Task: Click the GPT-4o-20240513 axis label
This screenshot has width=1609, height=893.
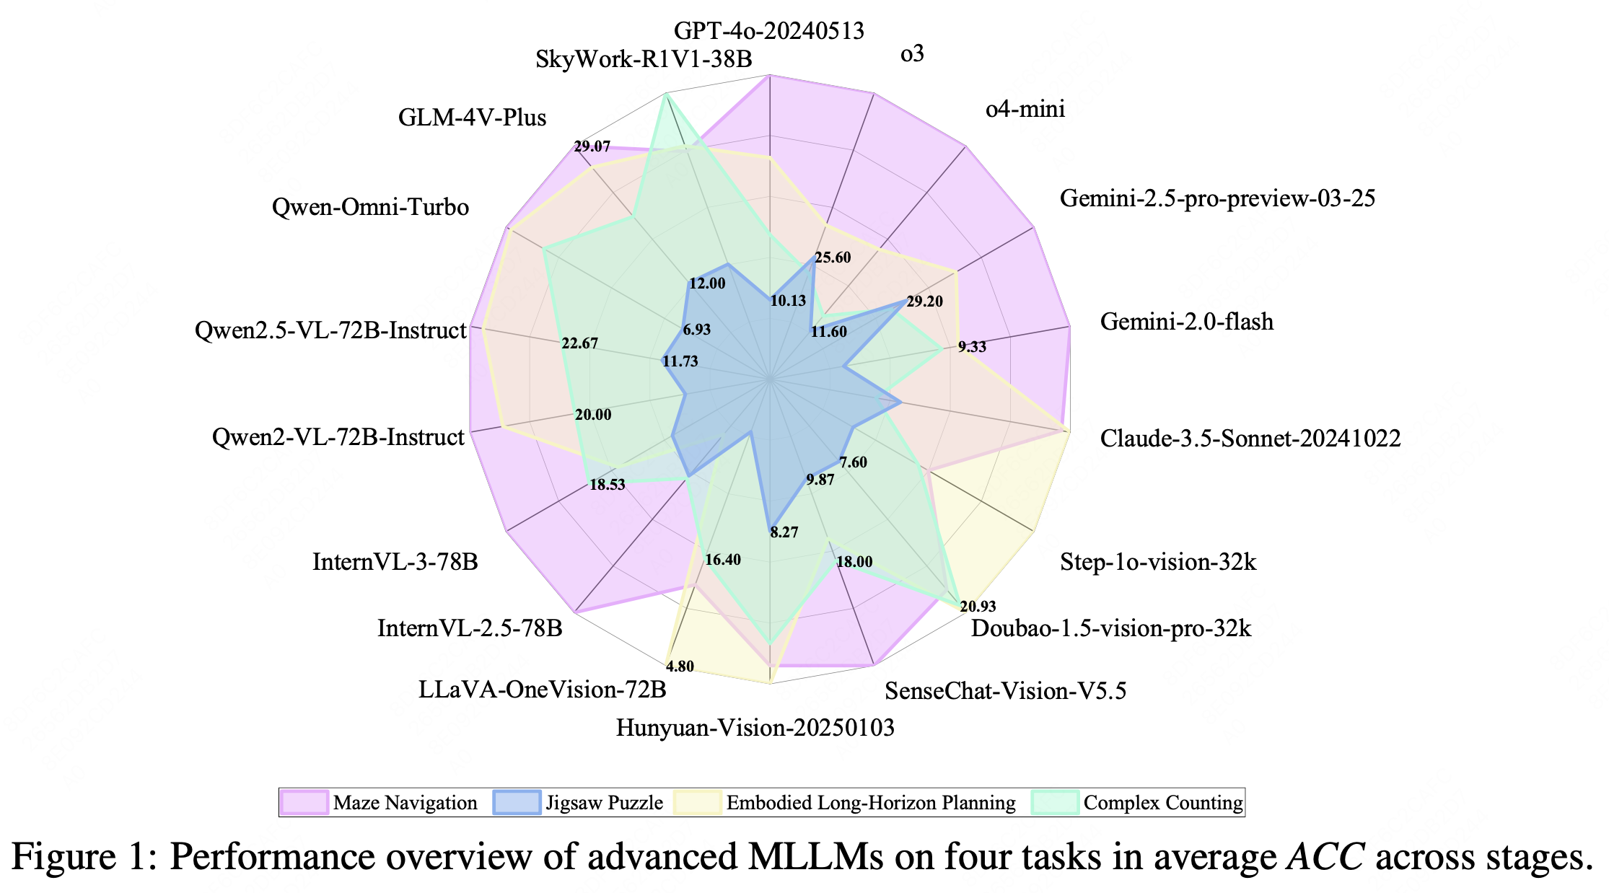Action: click(768, 31)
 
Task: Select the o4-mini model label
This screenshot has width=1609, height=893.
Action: click(1025, 109)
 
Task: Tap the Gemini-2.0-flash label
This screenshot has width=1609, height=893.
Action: click(1186, 321)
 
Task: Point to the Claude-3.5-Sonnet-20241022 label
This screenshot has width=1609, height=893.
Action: click(1250, 438)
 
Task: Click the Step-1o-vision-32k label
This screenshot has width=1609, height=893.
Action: click(1157, 562)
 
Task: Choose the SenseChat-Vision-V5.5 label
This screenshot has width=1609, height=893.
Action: click(1005, 691)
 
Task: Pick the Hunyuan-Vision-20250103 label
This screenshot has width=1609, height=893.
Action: click(755, 727)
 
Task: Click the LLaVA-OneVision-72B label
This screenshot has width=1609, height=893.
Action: click(542, 690)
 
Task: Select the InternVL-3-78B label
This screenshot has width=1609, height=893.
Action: click(395, 561)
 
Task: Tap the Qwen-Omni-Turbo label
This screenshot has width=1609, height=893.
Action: click(370, 207)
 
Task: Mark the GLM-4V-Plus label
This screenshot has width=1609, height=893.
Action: click(472, 118)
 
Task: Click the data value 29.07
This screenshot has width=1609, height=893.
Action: click(592, 147)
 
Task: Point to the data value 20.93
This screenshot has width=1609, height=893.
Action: click(978, 607)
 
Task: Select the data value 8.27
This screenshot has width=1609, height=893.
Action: click(784, 532)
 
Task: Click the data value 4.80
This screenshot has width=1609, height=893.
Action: click(680, 666)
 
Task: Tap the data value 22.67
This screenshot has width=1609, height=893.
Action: click(579, 343)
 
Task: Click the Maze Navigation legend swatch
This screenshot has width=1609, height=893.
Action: click(305, 803)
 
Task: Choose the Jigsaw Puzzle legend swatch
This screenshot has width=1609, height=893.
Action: click(517, 803)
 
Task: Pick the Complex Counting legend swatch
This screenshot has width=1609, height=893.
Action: click(1055, 803)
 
